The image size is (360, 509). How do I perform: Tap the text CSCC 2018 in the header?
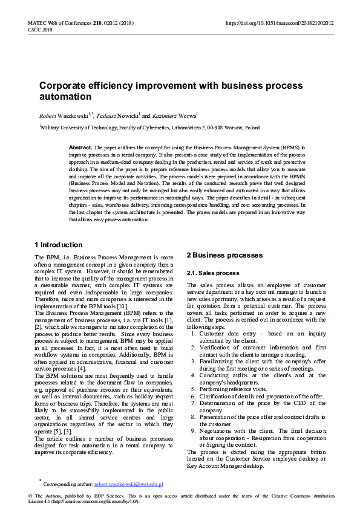(x=40, y=30)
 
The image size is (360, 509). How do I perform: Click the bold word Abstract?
(x=80, y=148)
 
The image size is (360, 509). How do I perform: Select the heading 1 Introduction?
(x=59, y=245)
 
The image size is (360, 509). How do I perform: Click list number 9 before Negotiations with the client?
(x=193, y=430)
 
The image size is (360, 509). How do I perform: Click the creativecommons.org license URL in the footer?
(x=96, y=501)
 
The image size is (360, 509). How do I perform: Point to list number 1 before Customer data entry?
(x=193, y=333)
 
